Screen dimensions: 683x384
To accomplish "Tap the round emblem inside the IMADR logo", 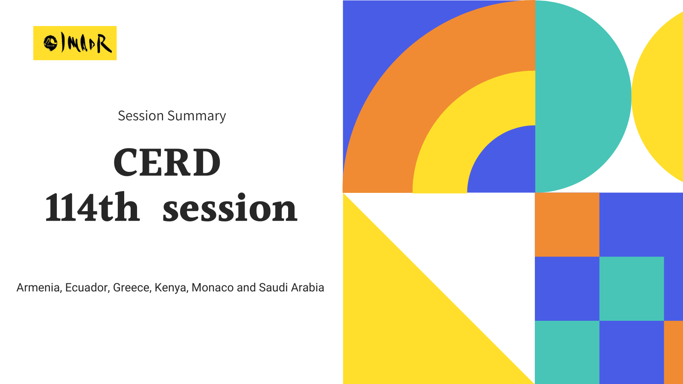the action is pyautogui.click(x=50, y=43).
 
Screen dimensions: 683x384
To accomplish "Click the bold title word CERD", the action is pyautogui.click(x=167, y=162).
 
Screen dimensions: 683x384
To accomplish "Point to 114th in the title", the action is pyautogui.click(x=92, y=207).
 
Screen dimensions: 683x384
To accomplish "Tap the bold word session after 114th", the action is pyautogui.click(x=230, y=208).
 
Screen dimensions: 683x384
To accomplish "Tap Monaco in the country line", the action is pyautogui.click(x=213, y=288).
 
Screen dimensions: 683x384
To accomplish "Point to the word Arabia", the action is pyautogui.click(x=307, y=288).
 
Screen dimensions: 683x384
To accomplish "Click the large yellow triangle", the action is pyautogui.click(x=406, y=320).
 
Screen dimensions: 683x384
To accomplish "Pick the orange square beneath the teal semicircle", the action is pyautogui.click(x=567, y=224).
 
